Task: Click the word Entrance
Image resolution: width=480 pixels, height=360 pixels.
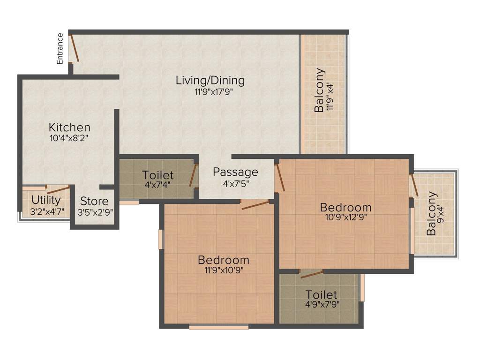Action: pyautogui.click(x=60, y=48)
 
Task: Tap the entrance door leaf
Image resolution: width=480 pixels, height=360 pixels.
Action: pyautogui.click(x=74, y=47)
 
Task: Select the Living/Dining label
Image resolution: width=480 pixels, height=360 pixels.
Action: pyautogui.click(x=210, y=80)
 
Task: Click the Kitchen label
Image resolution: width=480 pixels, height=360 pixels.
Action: pyautogui.click(x=69, y=127)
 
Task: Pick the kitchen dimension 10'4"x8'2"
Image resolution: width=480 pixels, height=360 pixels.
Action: pyautogui.click(x=69, y=138)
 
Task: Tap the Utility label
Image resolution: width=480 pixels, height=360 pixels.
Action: pyautogui.click(x=46, y=200)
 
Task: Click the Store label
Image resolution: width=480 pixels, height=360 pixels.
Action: pyautogui.click(x=94, y=202)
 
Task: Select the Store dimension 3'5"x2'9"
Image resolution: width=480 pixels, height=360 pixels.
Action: pyautogui.click(x=95, y=212)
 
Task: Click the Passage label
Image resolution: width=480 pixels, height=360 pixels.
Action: pyautogui.click(x=235, y=172)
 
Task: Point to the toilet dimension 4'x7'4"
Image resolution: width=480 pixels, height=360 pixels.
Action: pyautogui.click(x=158, y=184)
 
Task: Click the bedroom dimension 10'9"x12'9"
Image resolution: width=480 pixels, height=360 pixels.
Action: pyautogui.click(x=345, y=217)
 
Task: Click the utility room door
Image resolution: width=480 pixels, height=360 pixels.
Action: pyautogui.click(x=58, y=189)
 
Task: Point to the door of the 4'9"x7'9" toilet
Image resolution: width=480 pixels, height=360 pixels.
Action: pyautogui.click(x=312, y=274)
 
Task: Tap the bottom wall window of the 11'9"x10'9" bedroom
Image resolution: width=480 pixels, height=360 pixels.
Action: pyautogui.click(x=218, y=327)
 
